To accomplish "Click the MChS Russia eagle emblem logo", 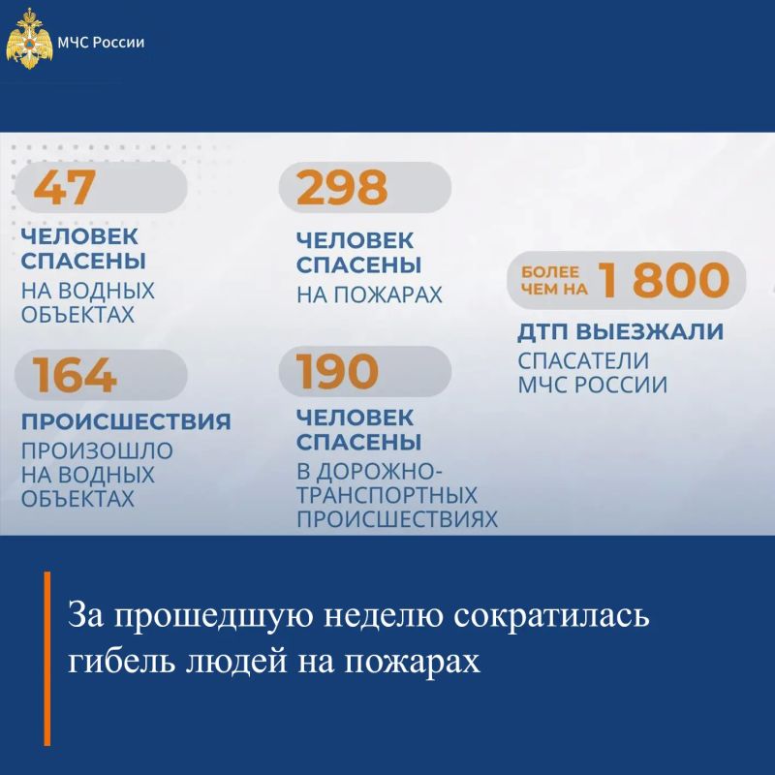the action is [x=29, y=39].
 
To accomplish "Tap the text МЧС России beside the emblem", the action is [x=101, y=43].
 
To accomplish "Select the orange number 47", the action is [x=64, y=187].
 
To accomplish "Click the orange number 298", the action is [x=342, y=187].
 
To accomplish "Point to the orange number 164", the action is [x=75, y=375].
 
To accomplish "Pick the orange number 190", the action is [x=337, y=371].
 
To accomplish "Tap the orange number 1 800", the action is [x=664, y=280].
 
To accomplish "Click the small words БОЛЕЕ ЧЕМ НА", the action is [x=554, y=280].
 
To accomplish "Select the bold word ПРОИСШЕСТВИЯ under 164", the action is [x=126, y=421].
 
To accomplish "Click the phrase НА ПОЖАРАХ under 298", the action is [x=369, y=294].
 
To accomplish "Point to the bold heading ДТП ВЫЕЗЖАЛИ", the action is [x=621, y=331].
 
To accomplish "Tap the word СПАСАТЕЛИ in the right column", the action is [x=583, y=360].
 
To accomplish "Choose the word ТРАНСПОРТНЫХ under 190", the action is [x=387, y=495].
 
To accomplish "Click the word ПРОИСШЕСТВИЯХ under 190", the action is [x=397, y=519].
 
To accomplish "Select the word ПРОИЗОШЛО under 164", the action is [x=97, y=450].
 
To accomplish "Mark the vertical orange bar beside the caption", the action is [x=46, y=659].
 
